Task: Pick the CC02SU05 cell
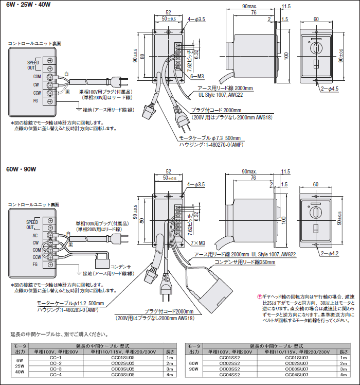click(x=123, y=363)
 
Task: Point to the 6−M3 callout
click(x=197, y=76)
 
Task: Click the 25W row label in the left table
click(x=20, y=366)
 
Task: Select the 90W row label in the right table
click(x=193, y=369)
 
